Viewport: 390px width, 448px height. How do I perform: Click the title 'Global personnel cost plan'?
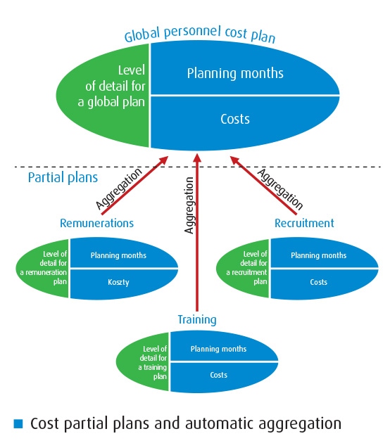[x=200, y=34]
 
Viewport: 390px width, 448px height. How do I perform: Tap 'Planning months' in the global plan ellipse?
[x=235, y=73]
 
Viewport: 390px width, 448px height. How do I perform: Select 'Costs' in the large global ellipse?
[x=235, y=119]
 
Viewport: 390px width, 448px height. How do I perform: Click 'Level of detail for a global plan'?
[x=111, y=87]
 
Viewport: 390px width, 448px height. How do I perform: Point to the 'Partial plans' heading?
[x=63, y=177]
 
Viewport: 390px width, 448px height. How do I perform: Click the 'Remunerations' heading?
[x=96, y=223]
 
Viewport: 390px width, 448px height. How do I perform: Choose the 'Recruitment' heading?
[x=304, y=223]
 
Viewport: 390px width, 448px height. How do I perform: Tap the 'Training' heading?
[x=197, y=320]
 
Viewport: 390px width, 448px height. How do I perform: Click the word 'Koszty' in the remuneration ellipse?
[x=118, y=282]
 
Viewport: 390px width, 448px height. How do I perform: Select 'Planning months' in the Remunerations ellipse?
[x=118, y=255]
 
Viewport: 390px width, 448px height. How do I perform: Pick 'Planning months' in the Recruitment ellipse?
[x=318, y=255]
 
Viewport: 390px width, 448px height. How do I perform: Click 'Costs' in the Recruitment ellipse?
[x=318, y=282]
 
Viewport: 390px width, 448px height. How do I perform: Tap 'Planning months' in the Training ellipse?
[x=218, y=349]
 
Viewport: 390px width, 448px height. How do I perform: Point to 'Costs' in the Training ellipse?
[x=218, y=375]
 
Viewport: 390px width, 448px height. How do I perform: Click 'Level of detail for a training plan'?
[x=152, y=362]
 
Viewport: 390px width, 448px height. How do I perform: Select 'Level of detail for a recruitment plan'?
[x=247, y=268]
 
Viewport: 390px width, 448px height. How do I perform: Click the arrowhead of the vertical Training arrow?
[x=197, y=158]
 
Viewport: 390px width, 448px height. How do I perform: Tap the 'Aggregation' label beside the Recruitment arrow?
[x=280, y=189]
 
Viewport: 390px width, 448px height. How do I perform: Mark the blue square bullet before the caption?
[x=18, y=423]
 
